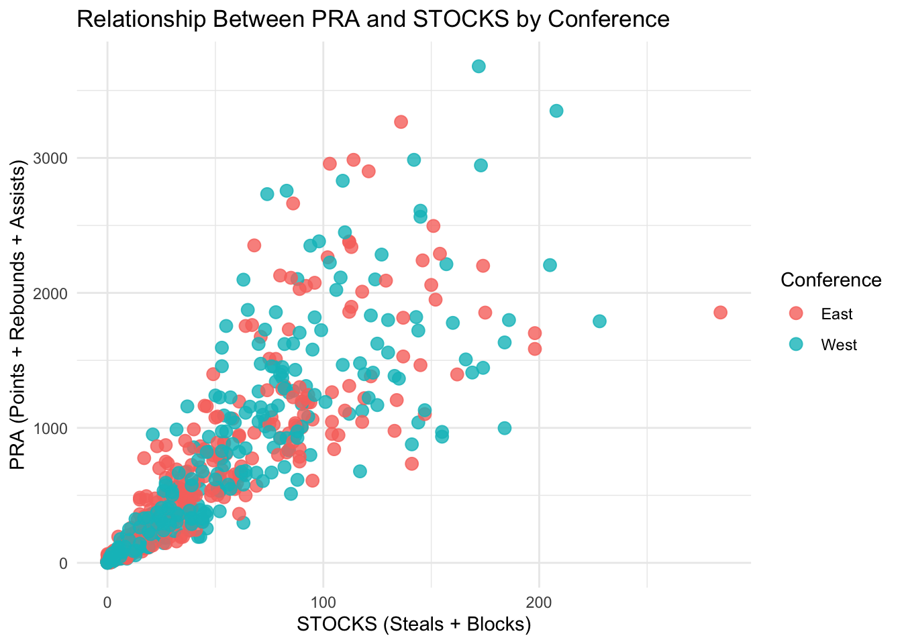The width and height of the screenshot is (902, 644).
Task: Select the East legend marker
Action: click(x=795, y=314)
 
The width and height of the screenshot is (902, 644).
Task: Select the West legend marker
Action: click(x=795, y=345)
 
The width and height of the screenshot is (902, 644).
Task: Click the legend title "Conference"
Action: click(x=831, y=280)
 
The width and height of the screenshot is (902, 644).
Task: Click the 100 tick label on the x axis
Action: click(x=323, y=601)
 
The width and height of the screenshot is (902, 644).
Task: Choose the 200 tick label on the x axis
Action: click(x=539, y=601)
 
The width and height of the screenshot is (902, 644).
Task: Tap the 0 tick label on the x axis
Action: click(x=107, y=601)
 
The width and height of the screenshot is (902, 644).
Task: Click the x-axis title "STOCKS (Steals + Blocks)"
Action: click(x=414, y=625)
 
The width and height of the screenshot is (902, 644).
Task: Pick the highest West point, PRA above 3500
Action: click(x=479, y=66)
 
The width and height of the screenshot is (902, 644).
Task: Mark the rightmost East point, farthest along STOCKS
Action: click(x=720, y=313)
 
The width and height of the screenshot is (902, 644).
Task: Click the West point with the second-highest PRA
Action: click(x=556, y=111)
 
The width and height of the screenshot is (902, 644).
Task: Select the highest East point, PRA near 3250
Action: click(x=401, y=121)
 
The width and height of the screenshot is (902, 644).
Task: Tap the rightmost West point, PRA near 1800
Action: click(x=599, y=321)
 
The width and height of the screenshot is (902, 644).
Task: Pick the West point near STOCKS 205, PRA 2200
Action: click(x=550, y=265)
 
